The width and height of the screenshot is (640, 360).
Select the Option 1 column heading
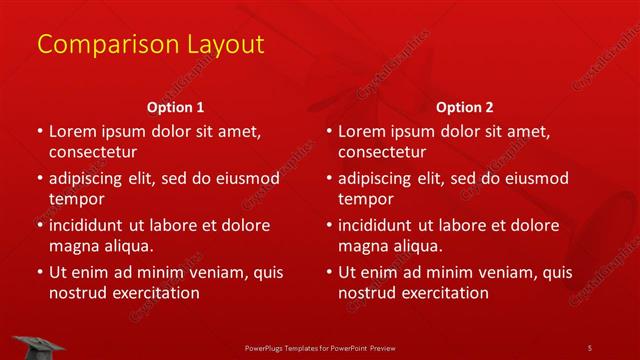click(176, 107)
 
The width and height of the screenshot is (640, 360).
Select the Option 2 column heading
click(465, 107)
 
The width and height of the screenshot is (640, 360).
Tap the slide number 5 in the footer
click(589, 347)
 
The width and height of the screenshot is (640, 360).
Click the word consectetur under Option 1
click(93, 152)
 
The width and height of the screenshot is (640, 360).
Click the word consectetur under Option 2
click(383, 152)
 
